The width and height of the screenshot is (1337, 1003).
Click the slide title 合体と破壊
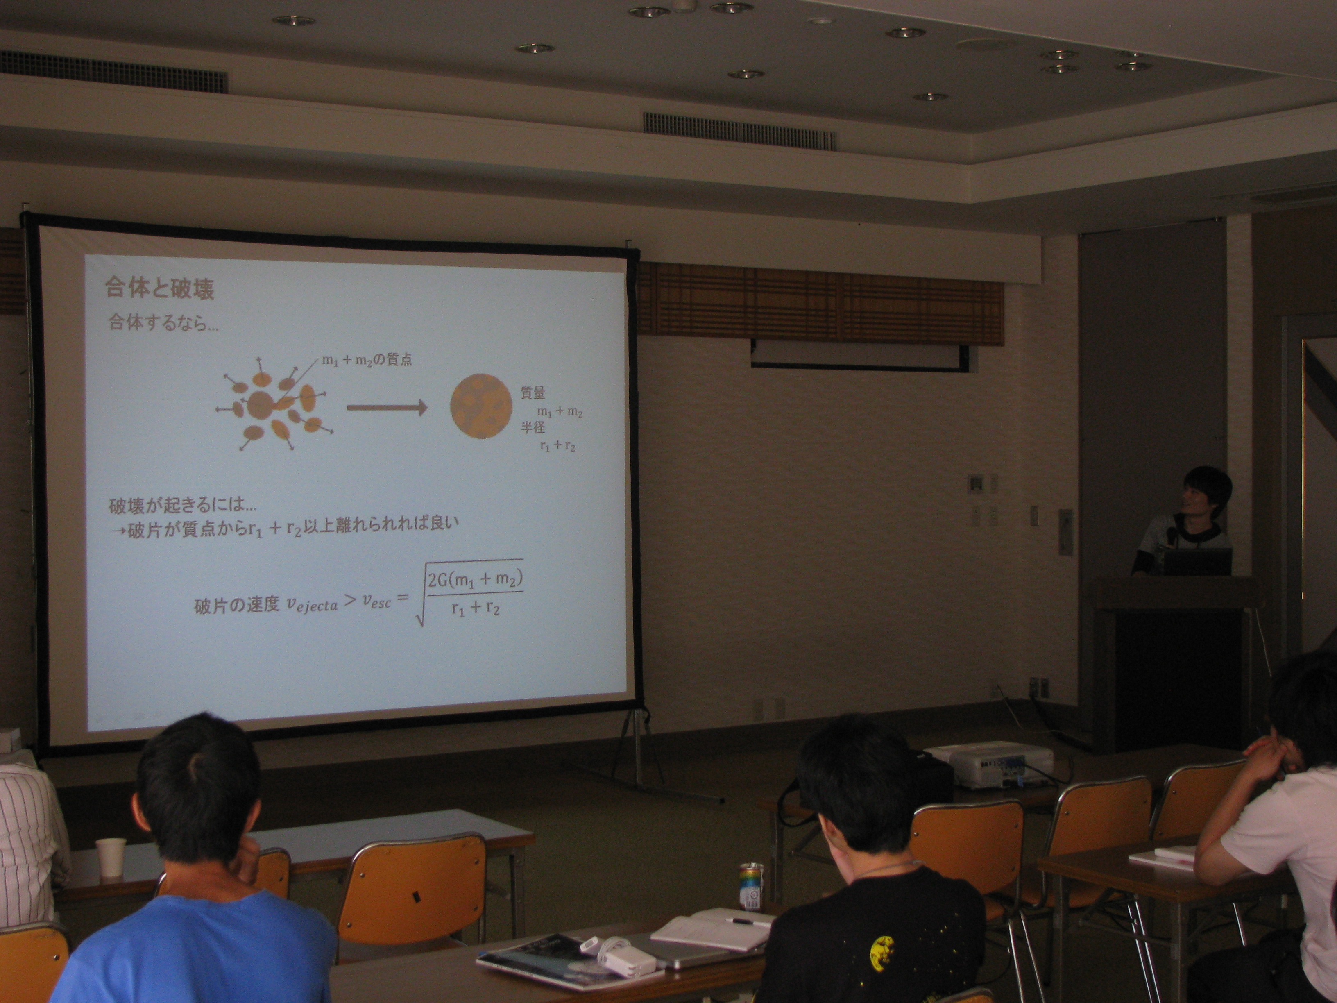pos(160,288)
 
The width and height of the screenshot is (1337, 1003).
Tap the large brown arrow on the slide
pos(387,408)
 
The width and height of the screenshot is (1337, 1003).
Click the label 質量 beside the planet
pos(533,393)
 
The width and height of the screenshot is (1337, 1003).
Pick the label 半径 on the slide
pos(533,427)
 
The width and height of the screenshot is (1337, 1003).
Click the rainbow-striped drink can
pos(751,886)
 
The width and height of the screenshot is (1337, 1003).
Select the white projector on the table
pos(988,765)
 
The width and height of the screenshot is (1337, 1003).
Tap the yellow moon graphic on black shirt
pos(882,954)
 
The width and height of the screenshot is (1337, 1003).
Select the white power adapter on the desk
pos(629,961)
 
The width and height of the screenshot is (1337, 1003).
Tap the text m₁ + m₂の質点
pos(367,360)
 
